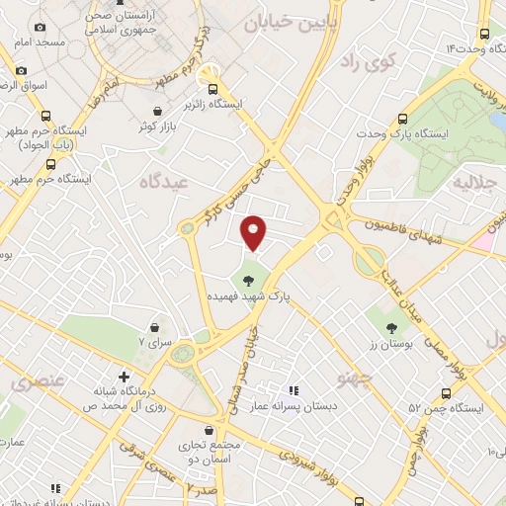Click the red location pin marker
coord(255,231)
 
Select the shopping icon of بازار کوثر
coord(159,112)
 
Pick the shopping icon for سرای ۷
coord(155,327)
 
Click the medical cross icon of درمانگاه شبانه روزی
coord(124,377)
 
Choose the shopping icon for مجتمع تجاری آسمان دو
coord(209,430)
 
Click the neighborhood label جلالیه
coord(475,184)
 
